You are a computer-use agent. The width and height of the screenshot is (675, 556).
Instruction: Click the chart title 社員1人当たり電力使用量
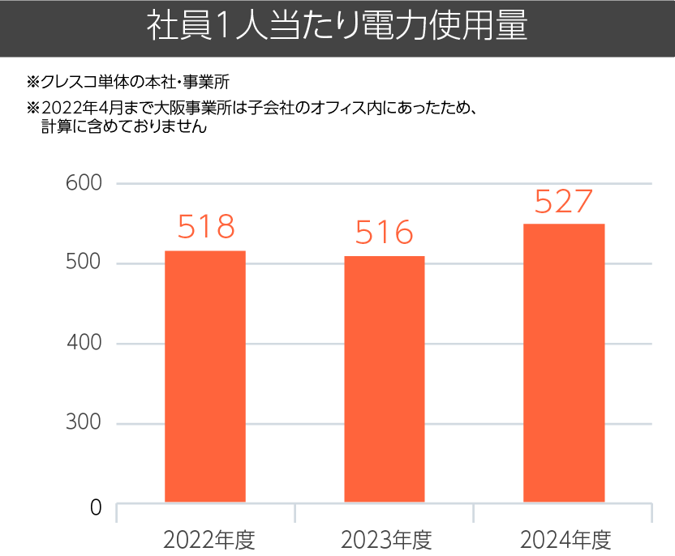point(337,27)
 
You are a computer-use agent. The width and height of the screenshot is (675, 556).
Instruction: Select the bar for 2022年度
point(205,376)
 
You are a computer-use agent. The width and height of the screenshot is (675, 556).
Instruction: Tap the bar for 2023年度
point(385,379)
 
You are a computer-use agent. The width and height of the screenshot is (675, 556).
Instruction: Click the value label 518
point(205,228)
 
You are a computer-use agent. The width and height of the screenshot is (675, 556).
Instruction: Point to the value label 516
point(385,233)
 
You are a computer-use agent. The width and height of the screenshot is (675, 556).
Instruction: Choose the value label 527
point(564,202)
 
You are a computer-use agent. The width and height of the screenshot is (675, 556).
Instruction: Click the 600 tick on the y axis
point(84,184)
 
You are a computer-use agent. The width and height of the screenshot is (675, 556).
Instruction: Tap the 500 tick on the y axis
point(84,263)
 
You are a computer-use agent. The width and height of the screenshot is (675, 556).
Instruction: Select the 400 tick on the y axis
point(84,344)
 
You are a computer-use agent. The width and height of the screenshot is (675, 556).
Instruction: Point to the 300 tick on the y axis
point(84,423)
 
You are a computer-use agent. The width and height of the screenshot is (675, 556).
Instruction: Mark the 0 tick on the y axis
point(96,508)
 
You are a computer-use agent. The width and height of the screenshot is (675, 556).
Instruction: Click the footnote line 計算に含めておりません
point(123,126)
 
